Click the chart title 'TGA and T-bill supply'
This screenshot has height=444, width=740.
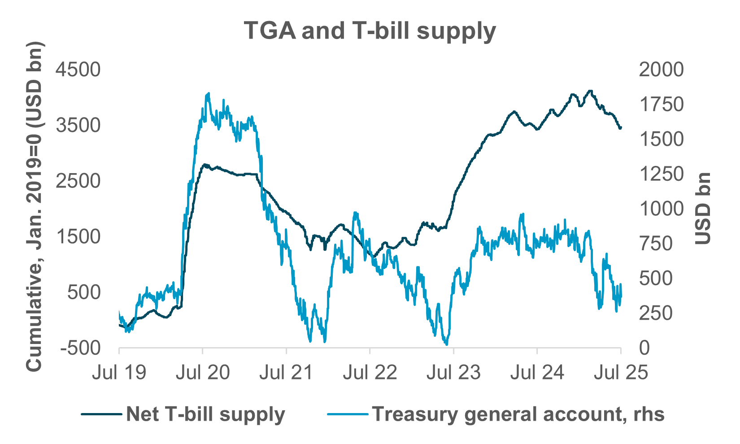pos(370,31)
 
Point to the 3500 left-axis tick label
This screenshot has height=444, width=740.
pos(78,125)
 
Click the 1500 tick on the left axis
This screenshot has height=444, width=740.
pos(78,237)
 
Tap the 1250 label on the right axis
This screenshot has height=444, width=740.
pos(661,174)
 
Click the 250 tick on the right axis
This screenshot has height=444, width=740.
pos(656,313)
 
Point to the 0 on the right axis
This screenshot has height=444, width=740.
pos(644,348)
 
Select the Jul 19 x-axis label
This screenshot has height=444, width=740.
pos(119,372)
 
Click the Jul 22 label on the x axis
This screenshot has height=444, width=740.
pos(370,372)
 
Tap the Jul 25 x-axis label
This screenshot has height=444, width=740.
pos(621,372)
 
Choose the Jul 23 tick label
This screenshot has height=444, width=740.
pos(453,372)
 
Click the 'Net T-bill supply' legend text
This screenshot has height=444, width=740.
pos(205,414)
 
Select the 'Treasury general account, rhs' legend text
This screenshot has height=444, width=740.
pos(518,414)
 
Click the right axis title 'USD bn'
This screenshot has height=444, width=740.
pos(703,209)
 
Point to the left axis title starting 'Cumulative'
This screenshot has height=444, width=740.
pos(34,206)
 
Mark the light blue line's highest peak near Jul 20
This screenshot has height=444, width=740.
pos(208,94)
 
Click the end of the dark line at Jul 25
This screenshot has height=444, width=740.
pos(620,128)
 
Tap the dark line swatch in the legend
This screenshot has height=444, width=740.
pos(101,414)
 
